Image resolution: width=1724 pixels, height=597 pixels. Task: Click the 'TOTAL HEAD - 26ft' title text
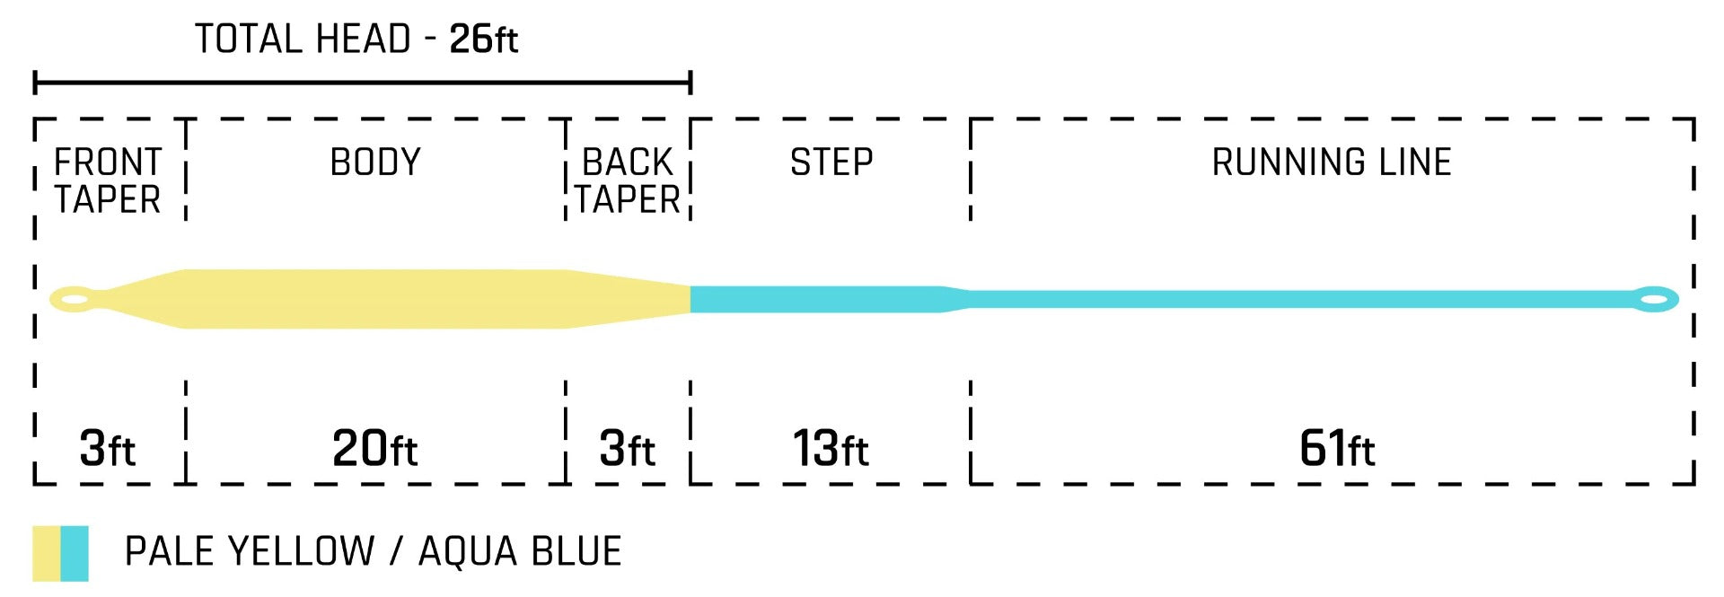pos(356,40)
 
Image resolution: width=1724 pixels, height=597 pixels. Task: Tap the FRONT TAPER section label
pos(108,180)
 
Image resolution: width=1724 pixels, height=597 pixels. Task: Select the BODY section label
pos(375,162)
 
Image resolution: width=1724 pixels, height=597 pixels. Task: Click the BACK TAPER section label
pos(628,180)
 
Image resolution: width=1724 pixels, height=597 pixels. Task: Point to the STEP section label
pos(831,162)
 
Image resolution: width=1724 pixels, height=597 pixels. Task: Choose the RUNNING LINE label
pos(1332,162)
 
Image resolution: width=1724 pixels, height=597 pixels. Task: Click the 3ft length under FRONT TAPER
pos(108,448)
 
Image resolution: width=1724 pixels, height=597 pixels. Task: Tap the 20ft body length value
pos(375,448)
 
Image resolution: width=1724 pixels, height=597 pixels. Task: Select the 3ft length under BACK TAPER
pos(628,448)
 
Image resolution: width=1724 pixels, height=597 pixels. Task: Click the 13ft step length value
pos(831,448)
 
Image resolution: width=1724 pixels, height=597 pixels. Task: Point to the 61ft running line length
pos(1337,448)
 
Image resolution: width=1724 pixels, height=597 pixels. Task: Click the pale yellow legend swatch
pos(47,553)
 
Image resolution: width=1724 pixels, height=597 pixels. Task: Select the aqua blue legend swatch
pos(75,553)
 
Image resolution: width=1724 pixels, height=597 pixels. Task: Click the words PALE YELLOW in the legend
pos(250,551)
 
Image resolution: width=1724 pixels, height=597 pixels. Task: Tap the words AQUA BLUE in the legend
pos(520,551)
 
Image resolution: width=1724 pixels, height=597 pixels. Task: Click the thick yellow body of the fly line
pos(375,299)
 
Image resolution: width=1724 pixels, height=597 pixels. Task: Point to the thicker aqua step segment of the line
pos(817,299)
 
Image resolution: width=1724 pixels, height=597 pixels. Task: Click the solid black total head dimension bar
pos(363,83)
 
